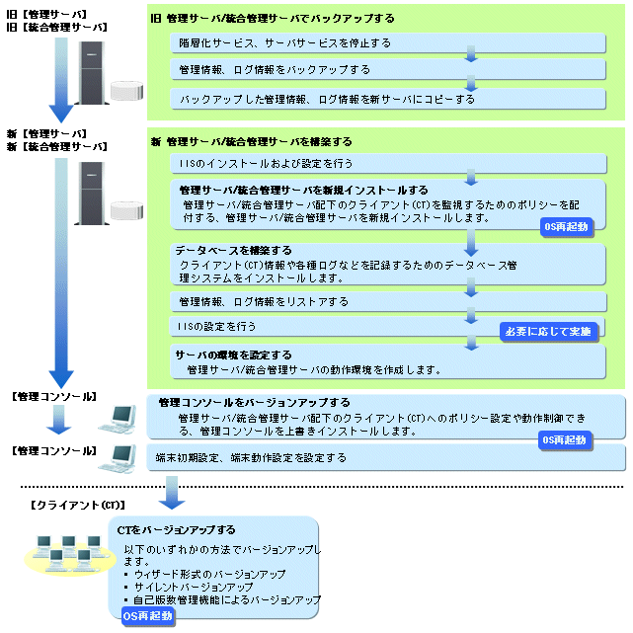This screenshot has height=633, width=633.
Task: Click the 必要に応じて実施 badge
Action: pyautogui.click(x=549, y=332)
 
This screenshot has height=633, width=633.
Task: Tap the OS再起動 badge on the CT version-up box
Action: pyautogui.click(x=148, y=616)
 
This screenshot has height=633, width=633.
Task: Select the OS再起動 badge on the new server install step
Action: pyautogui.click(x=567, y=227)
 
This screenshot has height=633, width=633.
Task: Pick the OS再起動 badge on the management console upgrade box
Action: pyautogui.click(x=565, y=440)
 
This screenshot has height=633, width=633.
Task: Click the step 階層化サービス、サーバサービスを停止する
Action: pyautogui.click(x=285, y=43)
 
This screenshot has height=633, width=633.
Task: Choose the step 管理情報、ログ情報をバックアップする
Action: pyautogui.click(x=275, y=70)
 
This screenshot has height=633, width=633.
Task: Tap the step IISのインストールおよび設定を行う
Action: pyautogui.click(x=266, y=164)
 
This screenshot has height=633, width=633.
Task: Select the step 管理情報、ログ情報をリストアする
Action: pyautogui.click(x=264, y=301)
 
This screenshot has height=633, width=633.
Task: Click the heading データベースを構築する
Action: pyautogui.click(x=233, y=250)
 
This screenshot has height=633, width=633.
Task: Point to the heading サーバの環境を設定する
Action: pyautogui.click(x=233, y=355)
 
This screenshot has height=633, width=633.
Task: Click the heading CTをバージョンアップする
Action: pyautogui.click(x=176, y=530)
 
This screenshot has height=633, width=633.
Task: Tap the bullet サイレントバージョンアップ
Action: pyautogui.click(x=194, y=587)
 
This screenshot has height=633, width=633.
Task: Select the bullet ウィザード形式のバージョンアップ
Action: pyautogui.click(x=209, y=574)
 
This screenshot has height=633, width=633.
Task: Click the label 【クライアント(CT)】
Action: pyautogui.click(x=78, y=505)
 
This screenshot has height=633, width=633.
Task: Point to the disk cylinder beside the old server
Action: pyautogui.click(x=126, y=91)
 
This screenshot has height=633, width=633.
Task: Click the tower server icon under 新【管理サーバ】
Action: pyautogui.click(x=92, y=194)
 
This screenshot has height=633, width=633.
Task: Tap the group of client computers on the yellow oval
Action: pyautogui.click(x=70, y=554)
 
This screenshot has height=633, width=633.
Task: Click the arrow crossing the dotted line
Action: pyautogui.click(x=172, y=493)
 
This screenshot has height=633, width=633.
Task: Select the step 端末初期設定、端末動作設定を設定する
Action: pyautogui.click(x=251, y=458)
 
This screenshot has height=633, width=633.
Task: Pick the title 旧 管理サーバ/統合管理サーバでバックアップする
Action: pyautogui.click(x=273, y=18)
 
